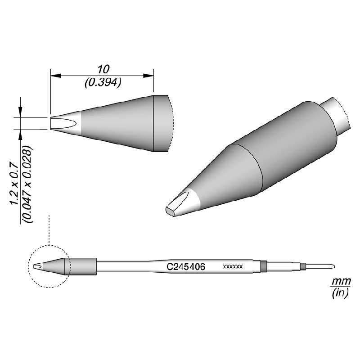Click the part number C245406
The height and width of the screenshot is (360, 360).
pyautogui.click(x=186, y=267)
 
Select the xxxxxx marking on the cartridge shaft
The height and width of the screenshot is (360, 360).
pyautogui.click(x=233, y=267)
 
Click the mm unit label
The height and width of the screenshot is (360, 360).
pyautogui.click(x=338, y=281)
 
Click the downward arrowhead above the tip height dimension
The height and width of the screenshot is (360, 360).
pyautogui.click(x=20, y=112)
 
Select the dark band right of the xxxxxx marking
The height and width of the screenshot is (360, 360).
pyautogui.click(x=264, y=266)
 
